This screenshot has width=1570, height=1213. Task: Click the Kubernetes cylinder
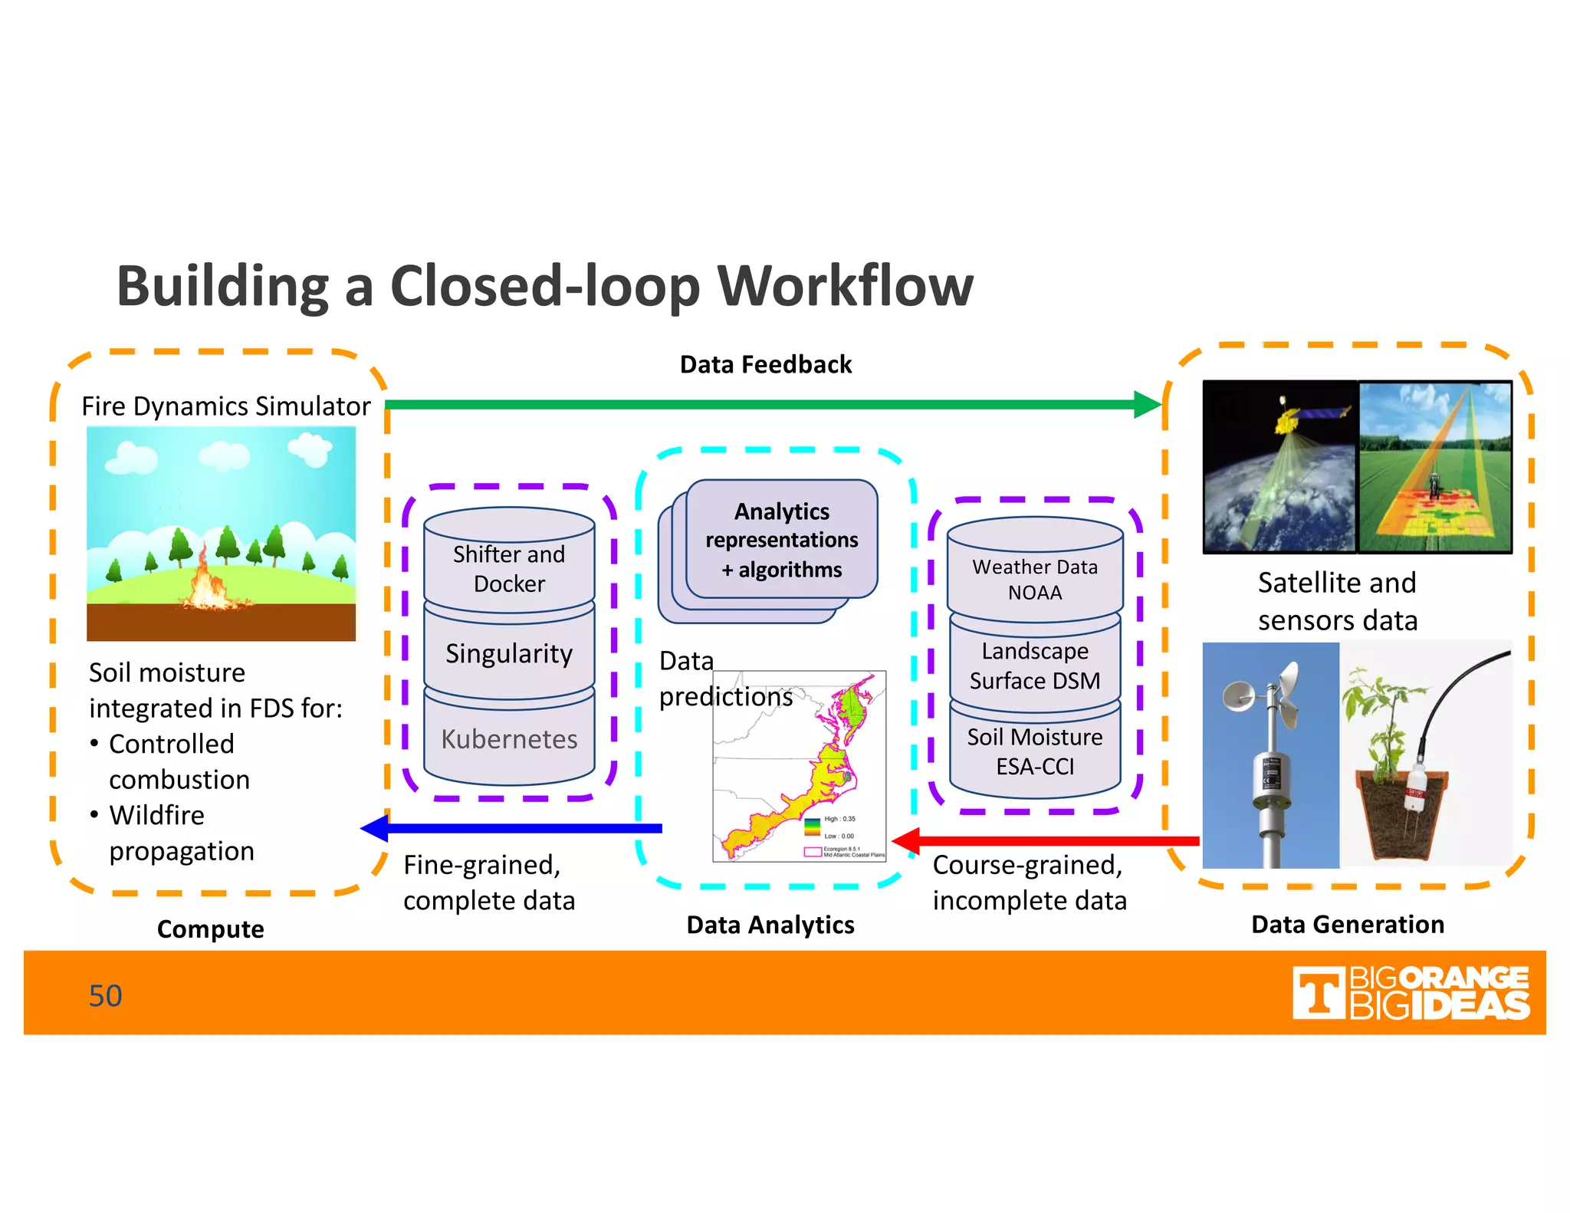[509, 739]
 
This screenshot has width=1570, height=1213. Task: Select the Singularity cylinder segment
[509, 653]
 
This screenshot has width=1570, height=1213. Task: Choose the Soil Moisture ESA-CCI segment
[1035, 751]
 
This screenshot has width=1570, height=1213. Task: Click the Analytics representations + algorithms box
[781, 540]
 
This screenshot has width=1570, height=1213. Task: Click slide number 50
[105, 996]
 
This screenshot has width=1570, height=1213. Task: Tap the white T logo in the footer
[1319, 993]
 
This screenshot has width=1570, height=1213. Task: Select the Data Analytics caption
[770, 925]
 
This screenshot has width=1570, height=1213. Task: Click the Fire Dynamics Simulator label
[225, 406]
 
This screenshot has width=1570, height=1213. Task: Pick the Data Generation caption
[1347, 924]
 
